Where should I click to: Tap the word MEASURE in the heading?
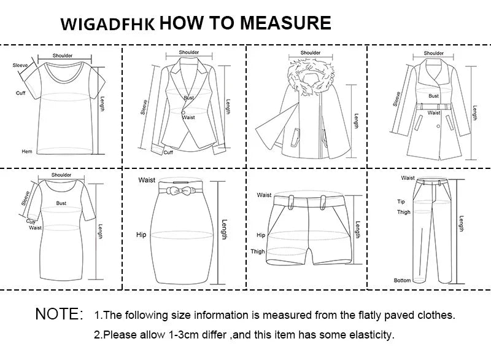tap(285, 23)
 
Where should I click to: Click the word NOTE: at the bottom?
tap(59, 315)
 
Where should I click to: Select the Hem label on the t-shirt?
tap(26, 151)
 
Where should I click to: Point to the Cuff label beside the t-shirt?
tap(20, 93)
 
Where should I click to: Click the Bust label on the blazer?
tap(188, 98)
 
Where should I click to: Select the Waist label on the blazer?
tap(188, 117)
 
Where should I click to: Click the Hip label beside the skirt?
tap(142, 235)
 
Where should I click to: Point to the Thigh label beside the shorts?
tap(258, 251)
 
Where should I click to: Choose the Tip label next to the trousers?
tap(401, 202)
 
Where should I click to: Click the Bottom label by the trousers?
tap(402, 280)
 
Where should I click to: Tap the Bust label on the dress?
tap(61, 202)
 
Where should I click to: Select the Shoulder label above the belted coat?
tap(434, 53)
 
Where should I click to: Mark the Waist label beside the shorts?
tap(264, 195)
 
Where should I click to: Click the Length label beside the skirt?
tap(224, 230)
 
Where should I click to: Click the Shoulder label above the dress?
tap(61, 175)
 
